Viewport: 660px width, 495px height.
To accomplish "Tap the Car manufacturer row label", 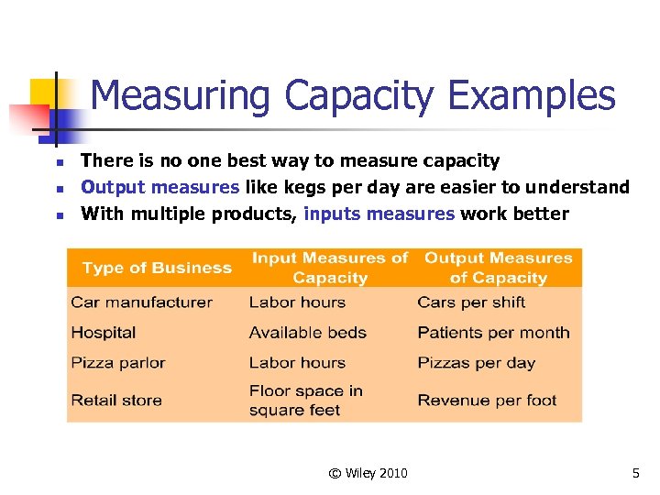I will [141, 302].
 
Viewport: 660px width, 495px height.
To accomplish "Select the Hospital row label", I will [103, 333].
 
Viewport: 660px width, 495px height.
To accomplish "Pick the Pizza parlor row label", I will [118, 363].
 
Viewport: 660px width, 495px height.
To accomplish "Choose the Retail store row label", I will [116, 401].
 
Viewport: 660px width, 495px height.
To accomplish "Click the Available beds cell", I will [307, 333].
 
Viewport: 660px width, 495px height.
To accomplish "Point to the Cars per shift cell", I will [471, 302].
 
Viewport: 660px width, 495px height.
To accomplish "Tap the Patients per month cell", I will [493, 333].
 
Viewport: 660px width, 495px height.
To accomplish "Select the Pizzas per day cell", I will [476, 363].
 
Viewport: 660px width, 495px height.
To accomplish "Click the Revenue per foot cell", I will [487, 401].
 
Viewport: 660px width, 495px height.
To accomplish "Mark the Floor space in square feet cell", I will [305, 401].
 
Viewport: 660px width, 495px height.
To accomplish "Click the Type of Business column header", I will [157, 268].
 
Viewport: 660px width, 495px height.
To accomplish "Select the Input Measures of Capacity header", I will [330, 268].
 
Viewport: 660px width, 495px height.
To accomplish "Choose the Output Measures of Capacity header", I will [498, 268].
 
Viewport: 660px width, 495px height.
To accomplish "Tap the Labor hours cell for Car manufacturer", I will [297, 302].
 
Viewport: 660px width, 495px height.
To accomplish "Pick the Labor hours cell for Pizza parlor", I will [297, 363].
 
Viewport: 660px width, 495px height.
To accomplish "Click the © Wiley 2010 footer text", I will [368, 473].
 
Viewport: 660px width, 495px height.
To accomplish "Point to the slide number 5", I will [635, 473].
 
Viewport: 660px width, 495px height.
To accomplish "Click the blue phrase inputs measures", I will [379, 214].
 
